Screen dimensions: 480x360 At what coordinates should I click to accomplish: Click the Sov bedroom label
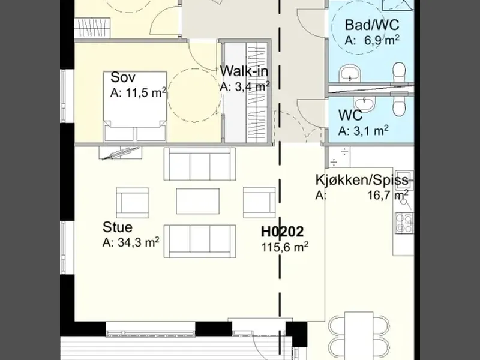point(122,77)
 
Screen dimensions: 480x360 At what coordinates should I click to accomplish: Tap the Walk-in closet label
point(244,71)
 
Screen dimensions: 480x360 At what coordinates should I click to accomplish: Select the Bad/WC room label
point(372,25)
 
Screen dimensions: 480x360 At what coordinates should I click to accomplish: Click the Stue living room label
point(118,227)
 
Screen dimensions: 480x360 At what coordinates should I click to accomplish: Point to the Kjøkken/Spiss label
point(362,180)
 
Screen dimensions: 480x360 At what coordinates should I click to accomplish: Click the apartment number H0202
point(282,232)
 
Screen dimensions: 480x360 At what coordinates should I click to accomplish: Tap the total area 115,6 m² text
point(284,247)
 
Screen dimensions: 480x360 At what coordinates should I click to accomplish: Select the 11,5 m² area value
point(146,92)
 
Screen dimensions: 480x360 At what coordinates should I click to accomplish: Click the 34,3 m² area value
point(139,243)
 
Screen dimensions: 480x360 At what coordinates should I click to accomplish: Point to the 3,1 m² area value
point(371,131)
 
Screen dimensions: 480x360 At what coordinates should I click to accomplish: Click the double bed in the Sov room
point(135,107)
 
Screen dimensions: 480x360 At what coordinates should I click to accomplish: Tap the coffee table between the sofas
point(198,201)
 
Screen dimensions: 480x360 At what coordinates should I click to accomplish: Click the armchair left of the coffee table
point(132,203)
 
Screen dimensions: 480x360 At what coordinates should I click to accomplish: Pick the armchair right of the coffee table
point(259,203)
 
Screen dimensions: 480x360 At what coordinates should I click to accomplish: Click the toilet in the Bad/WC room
point(399,72)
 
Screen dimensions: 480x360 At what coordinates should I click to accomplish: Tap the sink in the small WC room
point(364,103)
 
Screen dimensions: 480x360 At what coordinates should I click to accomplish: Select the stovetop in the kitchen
point(404,223)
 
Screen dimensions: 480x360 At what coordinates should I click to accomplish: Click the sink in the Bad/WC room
point(350,73)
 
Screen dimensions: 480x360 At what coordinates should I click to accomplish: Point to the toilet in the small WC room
point(399,106)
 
